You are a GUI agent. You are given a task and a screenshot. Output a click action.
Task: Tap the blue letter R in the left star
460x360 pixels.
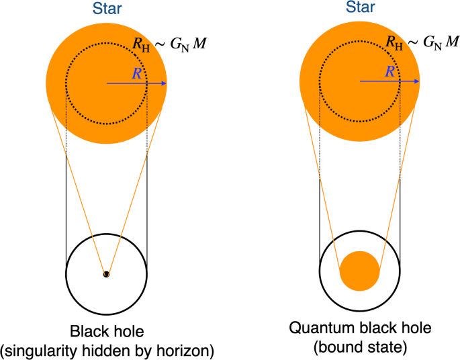coord(137,73)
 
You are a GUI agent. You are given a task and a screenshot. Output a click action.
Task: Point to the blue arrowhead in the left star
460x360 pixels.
coord(163,83)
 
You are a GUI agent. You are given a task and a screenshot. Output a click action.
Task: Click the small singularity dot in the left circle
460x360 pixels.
coord(105,274)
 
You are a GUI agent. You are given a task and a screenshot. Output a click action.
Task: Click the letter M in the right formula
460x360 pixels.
coord(453,43)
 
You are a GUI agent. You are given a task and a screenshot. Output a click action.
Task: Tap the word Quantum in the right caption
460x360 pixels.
coord(316,328)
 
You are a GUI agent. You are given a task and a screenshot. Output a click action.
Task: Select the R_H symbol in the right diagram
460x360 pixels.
coord(394,44)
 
